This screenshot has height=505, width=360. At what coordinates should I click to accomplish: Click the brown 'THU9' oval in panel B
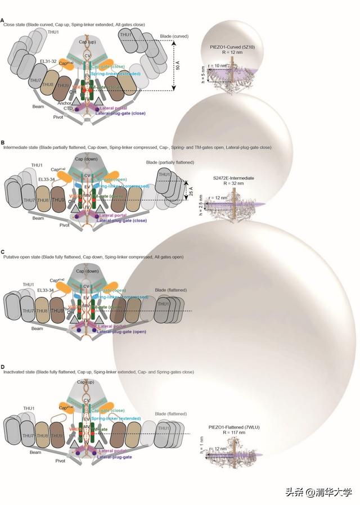[x=58, y=197]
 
